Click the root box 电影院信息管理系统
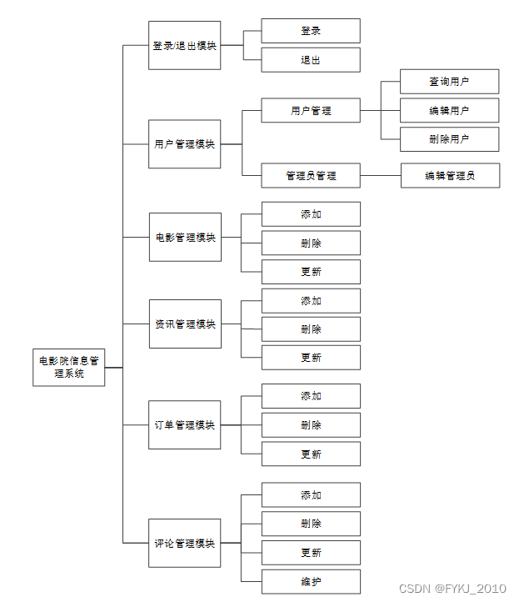point(69,367)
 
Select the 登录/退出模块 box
point(185,46)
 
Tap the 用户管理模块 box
point(185,143)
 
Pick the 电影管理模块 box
point(185,237)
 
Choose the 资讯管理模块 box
point(185,324)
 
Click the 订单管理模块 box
point(185,424)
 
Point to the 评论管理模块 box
point(185,543)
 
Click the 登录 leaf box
point(311,31)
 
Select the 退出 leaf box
point(311,60)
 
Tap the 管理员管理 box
point(311,176)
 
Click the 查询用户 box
point(449,82)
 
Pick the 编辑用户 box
point(449,110)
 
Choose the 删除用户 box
point(449,139)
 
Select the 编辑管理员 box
point(450,176)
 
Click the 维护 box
point(311,581)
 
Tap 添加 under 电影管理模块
point(311,214)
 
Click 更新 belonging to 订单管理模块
point(311,454)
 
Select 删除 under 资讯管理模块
point(311,329)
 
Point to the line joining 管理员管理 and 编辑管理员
point(381,176)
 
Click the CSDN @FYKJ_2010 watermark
point(452,589)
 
